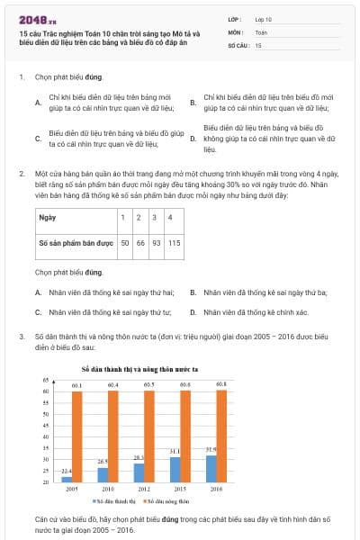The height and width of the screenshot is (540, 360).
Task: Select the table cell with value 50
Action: pos(126,242)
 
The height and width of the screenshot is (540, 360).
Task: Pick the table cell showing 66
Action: pos(141,242)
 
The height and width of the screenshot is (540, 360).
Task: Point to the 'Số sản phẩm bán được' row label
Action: pos(73,242)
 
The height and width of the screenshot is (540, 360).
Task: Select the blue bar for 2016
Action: pos(211,468)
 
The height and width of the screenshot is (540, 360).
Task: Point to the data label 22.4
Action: pos(67,471)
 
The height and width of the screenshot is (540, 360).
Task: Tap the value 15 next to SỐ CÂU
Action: pos(259,44)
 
